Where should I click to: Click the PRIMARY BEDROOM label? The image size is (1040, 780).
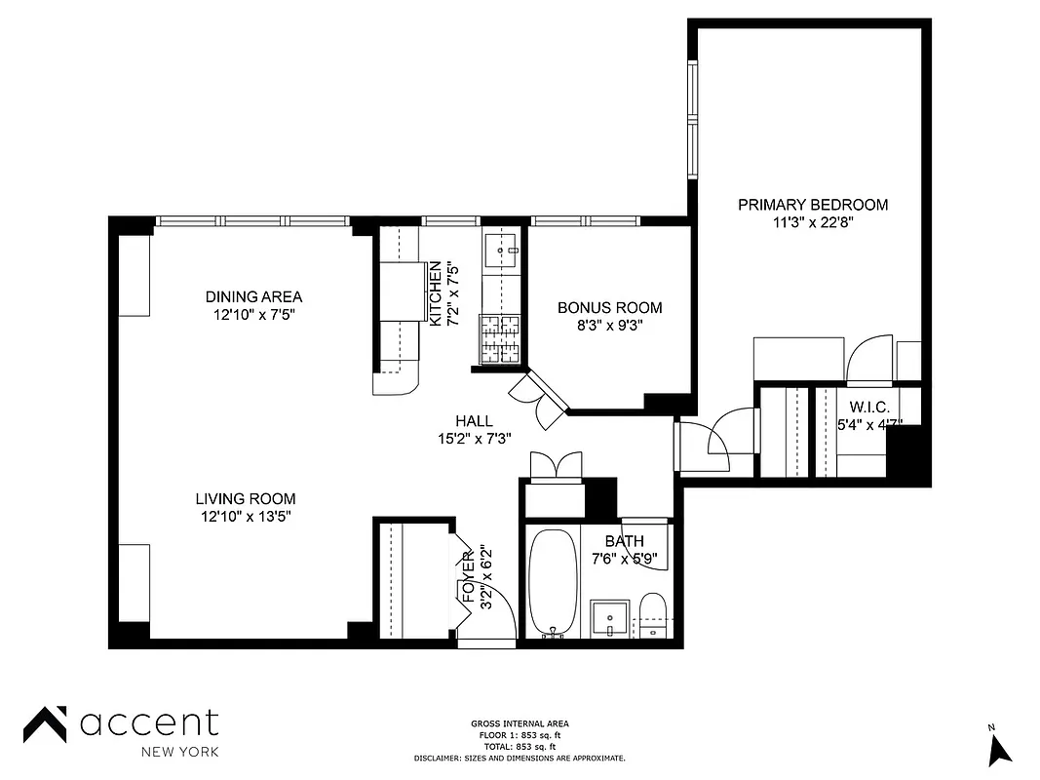tap(813, 205)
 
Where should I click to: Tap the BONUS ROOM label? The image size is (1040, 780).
tap(609, 308)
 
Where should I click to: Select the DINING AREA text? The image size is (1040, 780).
tap(253, 296)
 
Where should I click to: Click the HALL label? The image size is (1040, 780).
tap(474, 421)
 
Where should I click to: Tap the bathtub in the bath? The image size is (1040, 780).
tap(554, 583)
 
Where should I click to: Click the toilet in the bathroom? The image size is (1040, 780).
tap(652, 614)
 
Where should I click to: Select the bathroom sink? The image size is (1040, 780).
tap(611, 618)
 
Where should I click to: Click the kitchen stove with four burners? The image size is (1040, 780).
tap(500, 339)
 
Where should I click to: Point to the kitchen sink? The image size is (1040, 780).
tap(503, 250)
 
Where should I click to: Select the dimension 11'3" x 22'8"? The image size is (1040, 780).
tap(813, 222)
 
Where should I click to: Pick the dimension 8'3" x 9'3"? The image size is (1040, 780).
tap(609, 326)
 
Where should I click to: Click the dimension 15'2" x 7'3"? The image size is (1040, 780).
tap(474, 439)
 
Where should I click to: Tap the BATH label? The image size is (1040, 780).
tap(624, 542)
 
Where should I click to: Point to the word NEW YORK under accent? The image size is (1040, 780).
tap(179, 752)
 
